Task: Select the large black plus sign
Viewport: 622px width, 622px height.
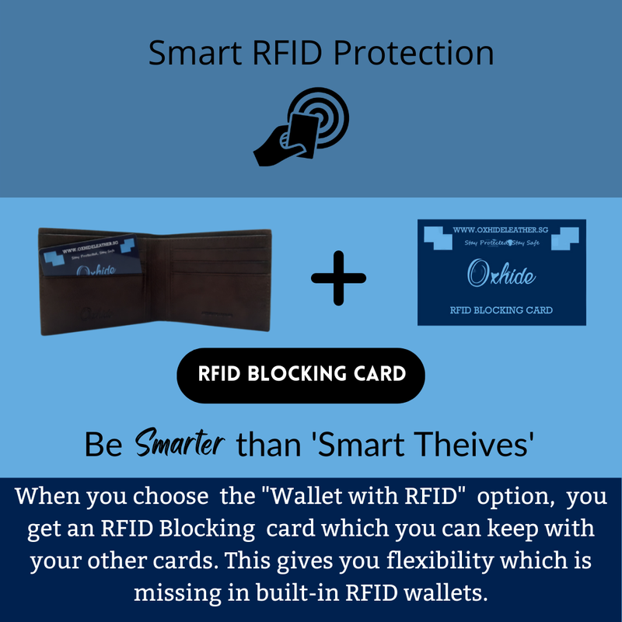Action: pyautogui.click(x=338, y=278)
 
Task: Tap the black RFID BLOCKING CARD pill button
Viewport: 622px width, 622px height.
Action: pyautogui.click(x=302, y=375)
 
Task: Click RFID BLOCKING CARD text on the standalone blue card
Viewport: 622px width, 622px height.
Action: pyautogui.click(x=501, y=310)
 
